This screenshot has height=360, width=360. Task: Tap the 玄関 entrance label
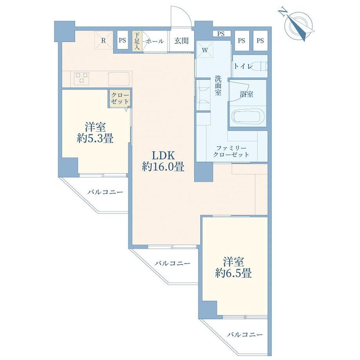pyautogui.click(x=182, y=41)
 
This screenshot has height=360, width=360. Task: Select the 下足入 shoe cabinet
pyautogui.click(x=137, y=41)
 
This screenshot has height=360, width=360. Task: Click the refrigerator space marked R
pyautogui.click(x=104, y=41)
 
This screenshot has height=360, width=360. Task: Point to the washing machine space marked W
pyautogui.click(x=205, y=50)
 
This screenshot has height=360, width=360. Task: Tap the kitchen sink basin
pyautogui.click(x=119, y=79)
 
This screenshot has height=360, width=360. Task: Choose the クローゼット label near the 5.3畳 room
pyautogui.click(x=120, y=98)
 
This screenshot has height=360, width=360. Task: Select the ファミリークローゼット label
pyautogui.click(x=231, y=151)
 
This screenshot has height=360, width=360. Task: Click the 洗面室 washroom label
pyautogui.click(x=218, y=85)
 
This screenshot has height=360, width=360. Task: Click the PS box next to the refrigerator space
pyautogui.click(x=122, y=40)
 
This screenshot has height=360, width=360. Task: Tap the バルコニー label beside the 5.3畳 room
pyautogui.click(x=105, y=192)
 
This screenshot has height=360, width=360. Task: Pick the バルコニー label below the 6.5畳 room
pyautogui.click(x=245, y=335)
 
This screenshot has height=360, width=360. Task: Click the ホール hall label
pyautogui.click(x=155, y=41)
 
